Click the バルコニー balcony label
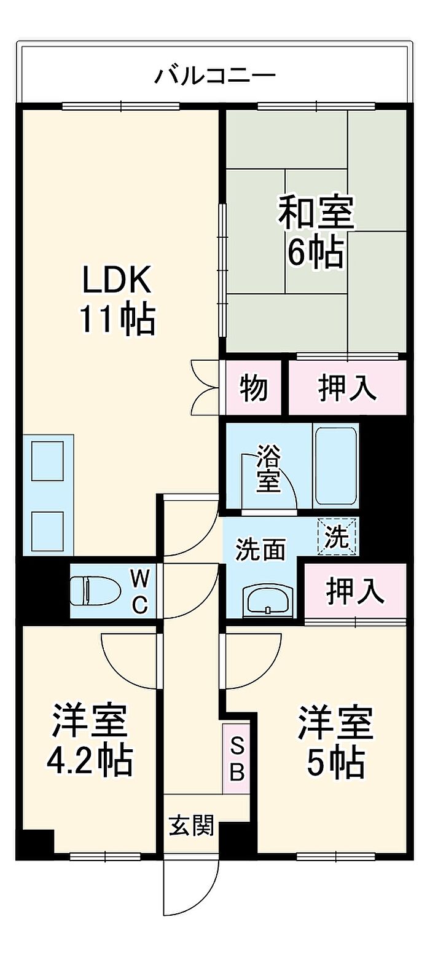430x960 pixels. [x=214, y=76]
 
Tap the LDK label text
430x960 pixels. [x=116, y=282]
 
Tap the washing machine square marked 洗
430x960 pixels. [x=337, y=536]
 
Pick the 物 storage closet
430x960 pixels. [x=254, y=388]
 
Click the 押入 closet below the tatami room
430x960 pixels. [x=347, y=388]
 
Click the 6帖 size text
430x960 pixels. [x=316, y=251]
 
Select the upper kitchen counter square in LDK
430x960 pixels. [x=48, y=461]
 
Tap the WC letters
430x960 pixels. [x=140, y=591]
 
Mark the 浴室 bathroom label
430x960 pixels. [x=268, y=469]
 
